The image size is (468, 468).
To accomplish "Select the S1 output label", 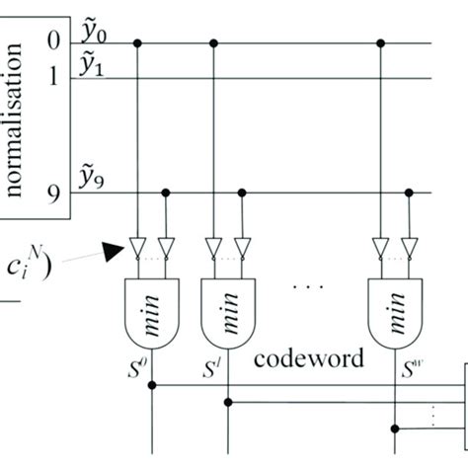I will pos(211,368).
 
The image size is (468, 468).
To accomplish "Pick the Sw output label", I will pos(407,368).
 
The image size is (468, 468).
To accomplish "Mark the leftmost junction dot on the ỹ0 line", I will pos(137,42).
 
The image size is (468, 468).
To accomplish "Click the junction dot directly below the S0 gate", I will pos(151,385).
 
